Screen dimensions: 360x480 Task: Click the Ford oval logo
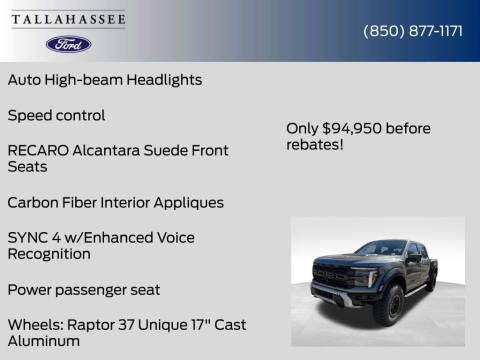coord(68,44)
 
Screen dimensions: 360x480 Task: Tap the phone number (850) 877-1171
coord(412,31)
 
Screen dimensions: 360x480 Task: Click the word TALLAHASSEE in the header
coord(68,17)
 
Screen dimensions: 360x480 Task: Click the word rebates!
coord(316,144)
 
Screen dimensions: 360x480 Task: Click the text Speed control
coord(56,115)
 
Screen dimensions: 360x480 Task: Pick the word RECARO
coord(39,150)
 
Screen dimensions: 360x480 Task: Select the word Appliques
coord(188,202)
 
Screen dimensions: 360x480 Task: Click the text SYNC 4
coord(35,237)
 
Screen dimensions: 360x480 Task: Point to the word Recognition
coord(49,254)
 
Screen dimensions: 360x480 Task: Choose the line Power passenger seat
coord(83,290)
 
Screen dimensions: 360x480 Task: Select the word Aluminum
coord(43,342)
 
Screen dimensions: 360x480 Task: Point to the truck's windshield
coord(381,248)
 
